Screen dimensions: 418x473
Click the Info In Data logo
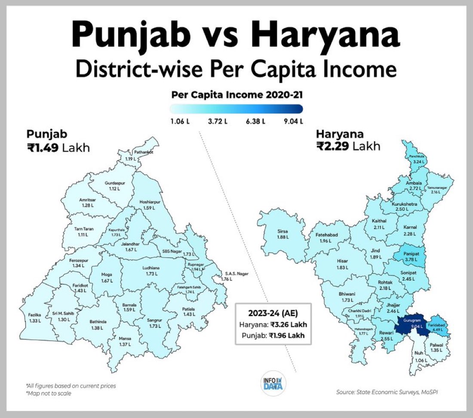[273, 381]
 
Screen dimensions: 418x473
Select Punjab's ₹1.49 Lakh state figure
[58, 148]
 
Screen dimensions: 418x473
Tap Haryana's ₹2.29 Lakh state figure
[348, 146]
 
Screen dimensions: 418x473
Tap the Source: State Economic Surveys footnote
[390, 391]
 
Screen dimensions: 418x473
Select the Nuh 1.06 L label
[418, 356]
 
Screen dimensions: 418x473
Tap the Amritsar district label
[88, 203]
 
